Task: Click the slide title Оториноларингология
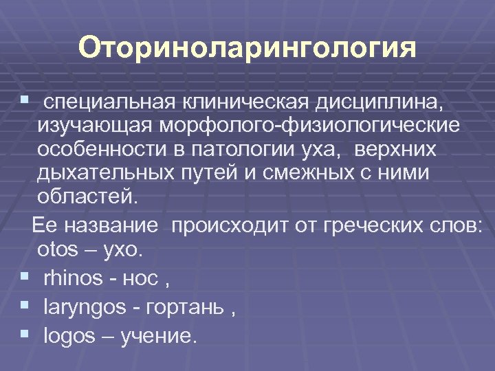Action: click(x=247, y=49)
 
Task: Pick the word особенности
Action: click(x=102, y=150)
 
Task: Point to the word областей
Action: click(x=87, y=197)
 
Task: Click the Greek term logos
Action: click(x=67, y=336)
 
